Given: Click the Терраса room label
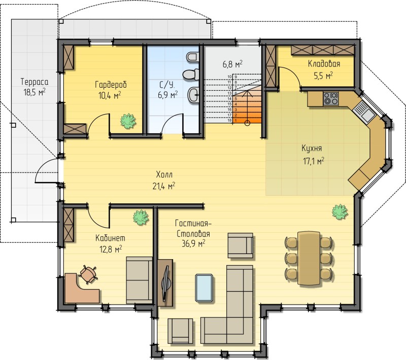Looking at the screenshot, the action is pos(35,82).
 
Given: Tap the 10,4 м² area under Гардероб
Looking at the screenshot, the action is pos(110,95).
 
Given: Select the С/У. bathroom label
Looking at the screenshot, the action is pos(167,85).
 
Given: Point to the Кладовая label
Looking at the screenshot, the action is pos(324,63).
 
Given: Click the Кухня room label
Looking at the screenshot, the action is pos(312,149).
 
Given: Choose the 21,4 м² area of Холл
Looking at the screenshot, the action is pos(164,186).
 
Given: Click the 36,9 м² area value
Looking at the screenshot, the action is pos(193,243).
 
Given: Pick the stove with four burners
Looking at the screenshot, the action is pos(331,98).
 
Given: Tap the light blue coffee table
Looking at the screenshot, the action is pos(205,288).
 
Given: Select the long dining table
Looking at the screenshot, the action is pos(309,258).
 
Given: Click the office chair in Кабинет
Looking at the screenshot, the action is pos(88,274).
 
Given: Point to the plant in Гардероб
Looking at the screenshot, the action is pos(128,121).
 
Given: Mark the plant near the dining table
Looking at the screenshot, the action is pos(340,212).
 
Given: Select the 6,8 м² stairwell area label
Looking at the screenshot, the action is pos(232,64).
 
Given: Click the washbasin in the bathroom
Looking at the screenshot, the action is pos(193,95).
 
